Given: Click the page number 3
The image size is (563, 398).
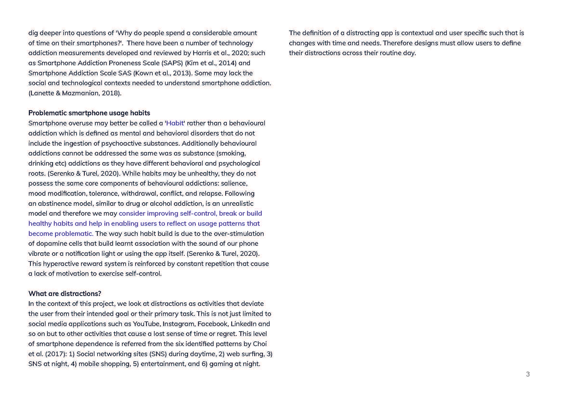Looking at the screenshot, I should coord(528,374).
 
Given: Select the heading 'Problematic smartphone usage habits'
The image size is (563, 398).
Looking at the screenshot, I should coord(89,113).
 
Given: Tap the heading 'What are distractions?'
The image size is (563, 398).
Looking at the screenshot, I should coord(65,293).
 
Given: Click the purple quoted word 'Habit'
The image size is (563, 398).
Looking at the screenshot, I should coord(175,123).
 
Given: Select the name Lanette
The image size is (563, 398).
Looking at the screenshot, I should coord(41,93).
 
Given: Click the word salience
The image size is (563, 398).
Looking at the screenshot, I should coord(234,183).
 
